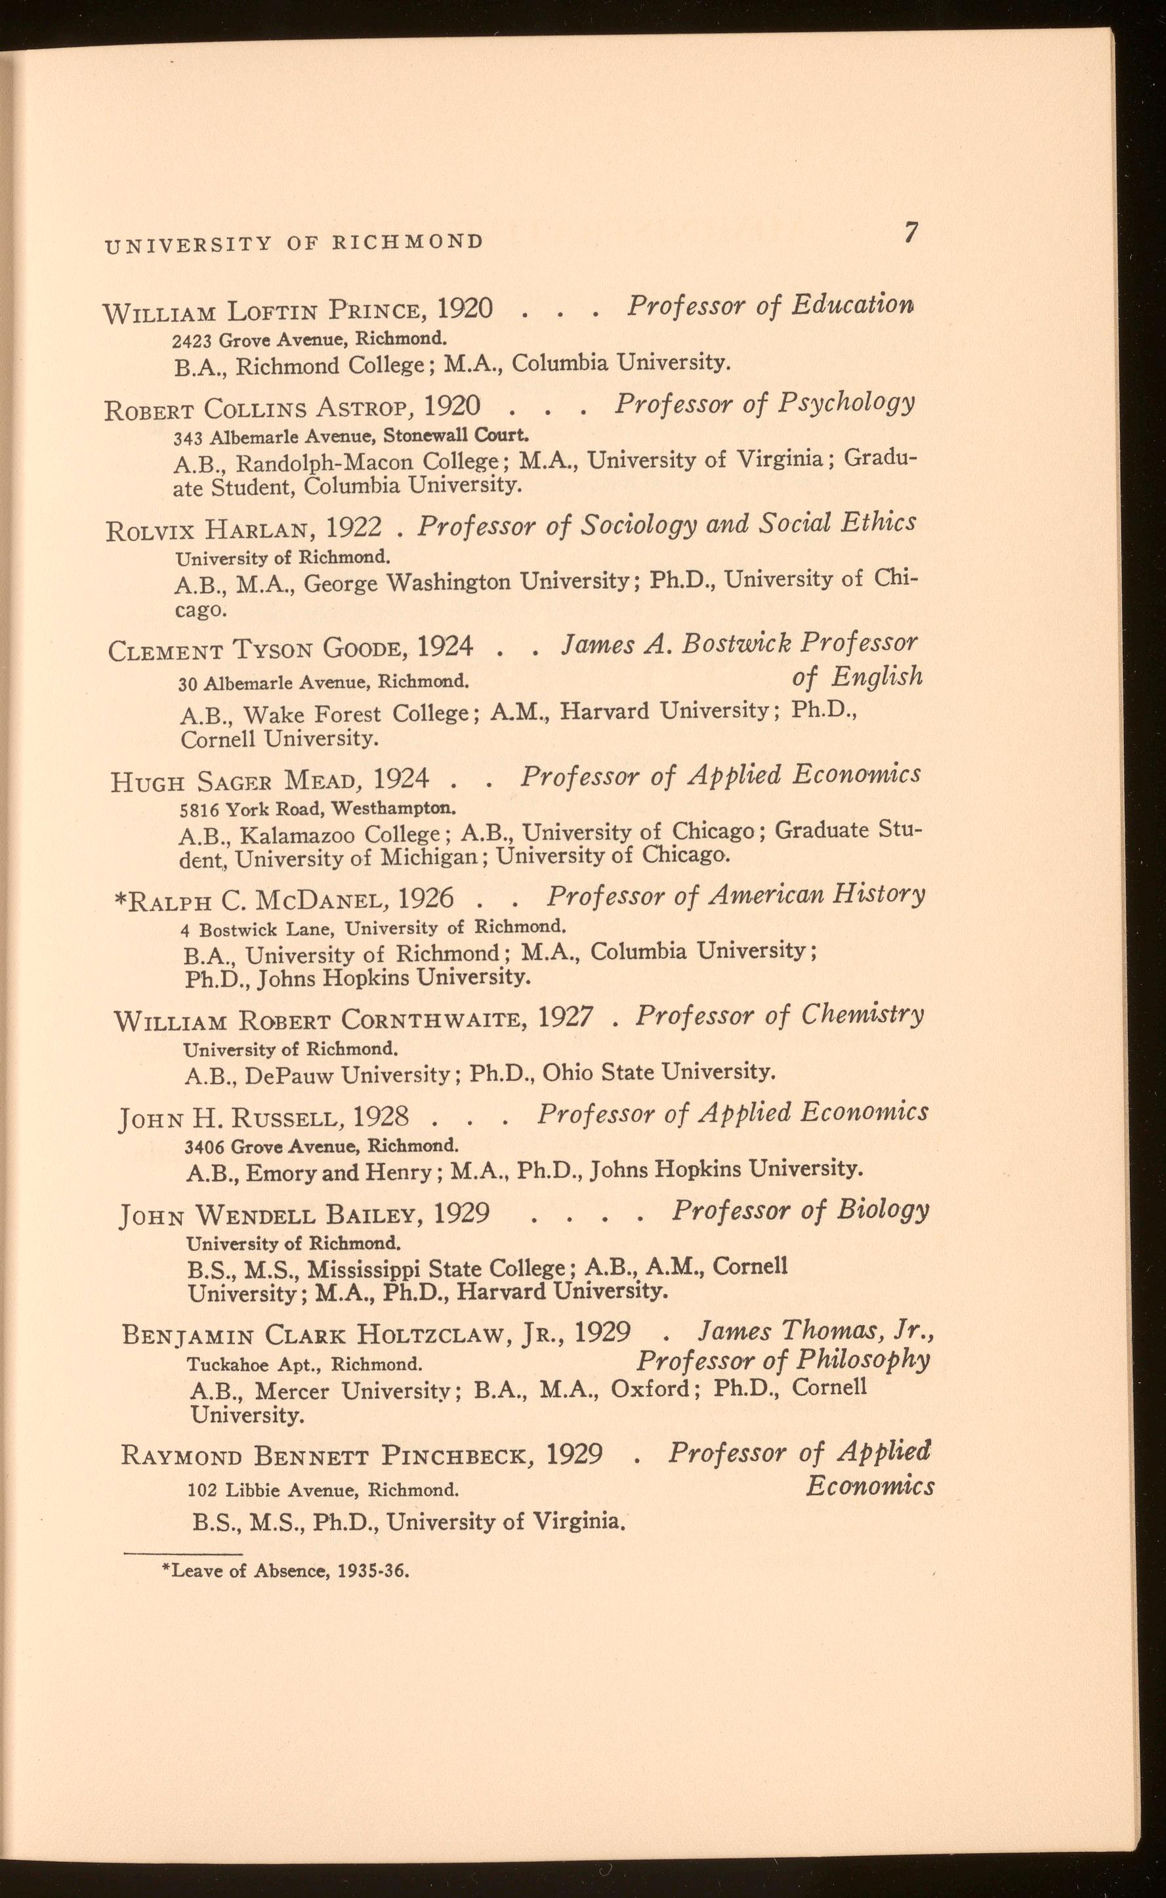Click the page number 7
click(911, 233)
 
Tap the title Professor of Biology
click(800, 1210)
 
